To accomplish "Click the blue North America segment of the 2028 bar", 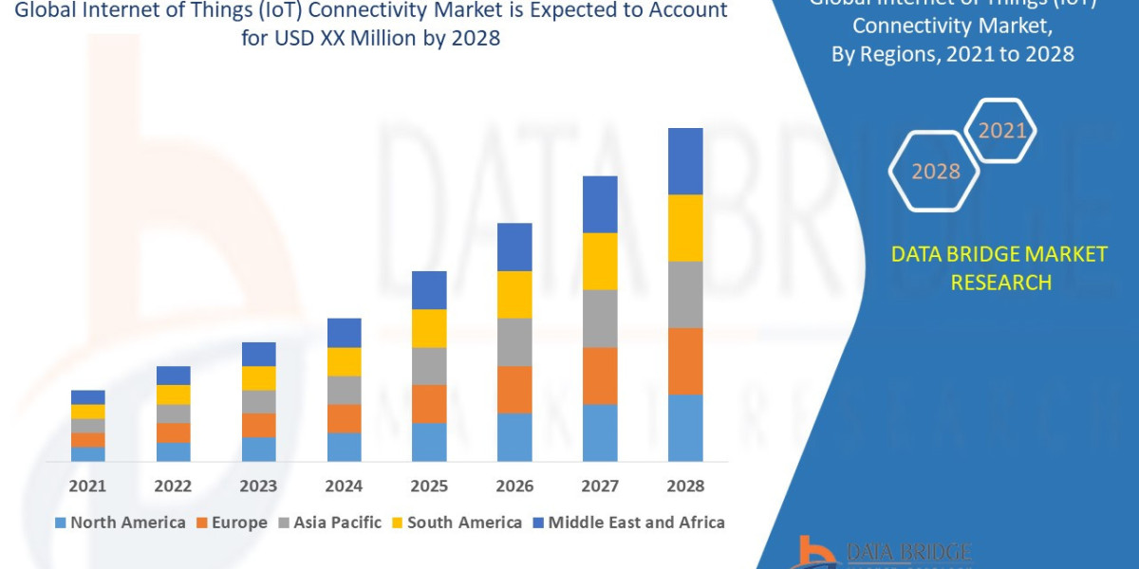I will [x=685, y=428].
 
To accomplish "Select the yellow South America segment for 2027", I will [x=600, y=261].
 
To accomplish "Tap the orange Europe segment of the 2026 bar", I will [x=514, y=390].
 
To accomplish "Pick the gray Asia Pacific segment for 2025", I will [x=429, y=366].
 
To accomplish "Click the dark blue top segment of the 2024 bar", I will [x=344, y=333].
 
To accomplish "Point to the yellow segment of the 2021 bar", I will [x=88, y=412].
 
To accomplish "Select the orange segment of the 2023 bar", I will [x=258, y=425].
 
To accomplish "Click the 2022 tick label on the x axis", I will [x=173, y=486].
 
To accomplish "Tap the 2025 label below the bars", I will [x=429, y=486].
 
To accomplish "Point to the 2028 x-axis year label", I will [x=685, y=486].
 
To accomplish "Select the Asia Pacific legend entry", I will [x=329, y=523].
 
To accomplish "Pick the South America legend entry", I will [x=456, y=523].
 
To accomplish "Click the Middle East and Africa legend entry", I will [x=627, y=523].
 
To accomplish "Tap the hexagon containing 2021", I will [x=1000, y=131].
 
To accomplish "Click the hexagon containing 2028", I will [x=935, y=172].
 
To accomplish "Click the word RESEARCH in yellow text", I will [x=1000, y=283].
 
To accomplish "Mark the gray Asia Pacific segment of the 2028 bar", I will [x=685, y=294].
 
